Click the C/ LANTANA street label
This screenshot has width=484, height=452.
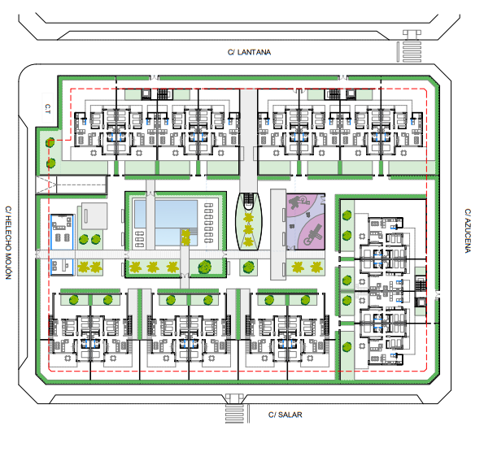point(249,52)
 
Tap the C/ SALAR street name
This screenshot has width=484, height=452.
point(285,415)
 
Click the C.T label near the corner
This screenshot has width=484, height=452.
point(48,108)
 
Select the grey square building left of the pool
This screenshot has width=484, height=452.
point(93,216)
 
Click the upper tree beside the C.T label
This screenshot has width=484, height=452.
point(50,143)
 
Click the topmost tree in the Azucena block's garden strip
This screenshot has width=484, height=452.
point(348,216)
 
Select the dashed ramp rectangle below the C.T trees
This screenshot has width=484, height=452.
point(73,185)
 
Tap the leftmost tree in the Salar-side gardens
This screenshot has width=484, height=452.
point(74,299)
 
